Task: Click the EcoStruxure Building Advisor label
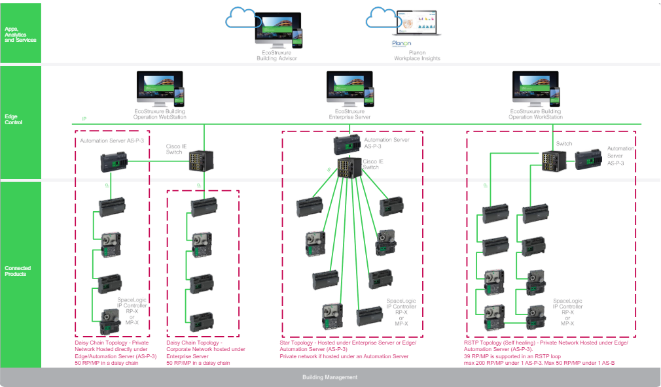click(276, 56)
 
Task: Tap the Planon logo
click(401, 44)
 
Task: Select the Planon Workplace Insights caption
click(417, 56)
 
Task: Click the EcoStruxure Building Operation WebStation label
click(161, 114)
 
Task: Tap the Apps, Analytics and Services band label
click(20, 35)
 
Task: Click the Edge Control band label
click(14, 120)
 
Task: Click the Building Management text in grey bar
click(330, 377)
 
